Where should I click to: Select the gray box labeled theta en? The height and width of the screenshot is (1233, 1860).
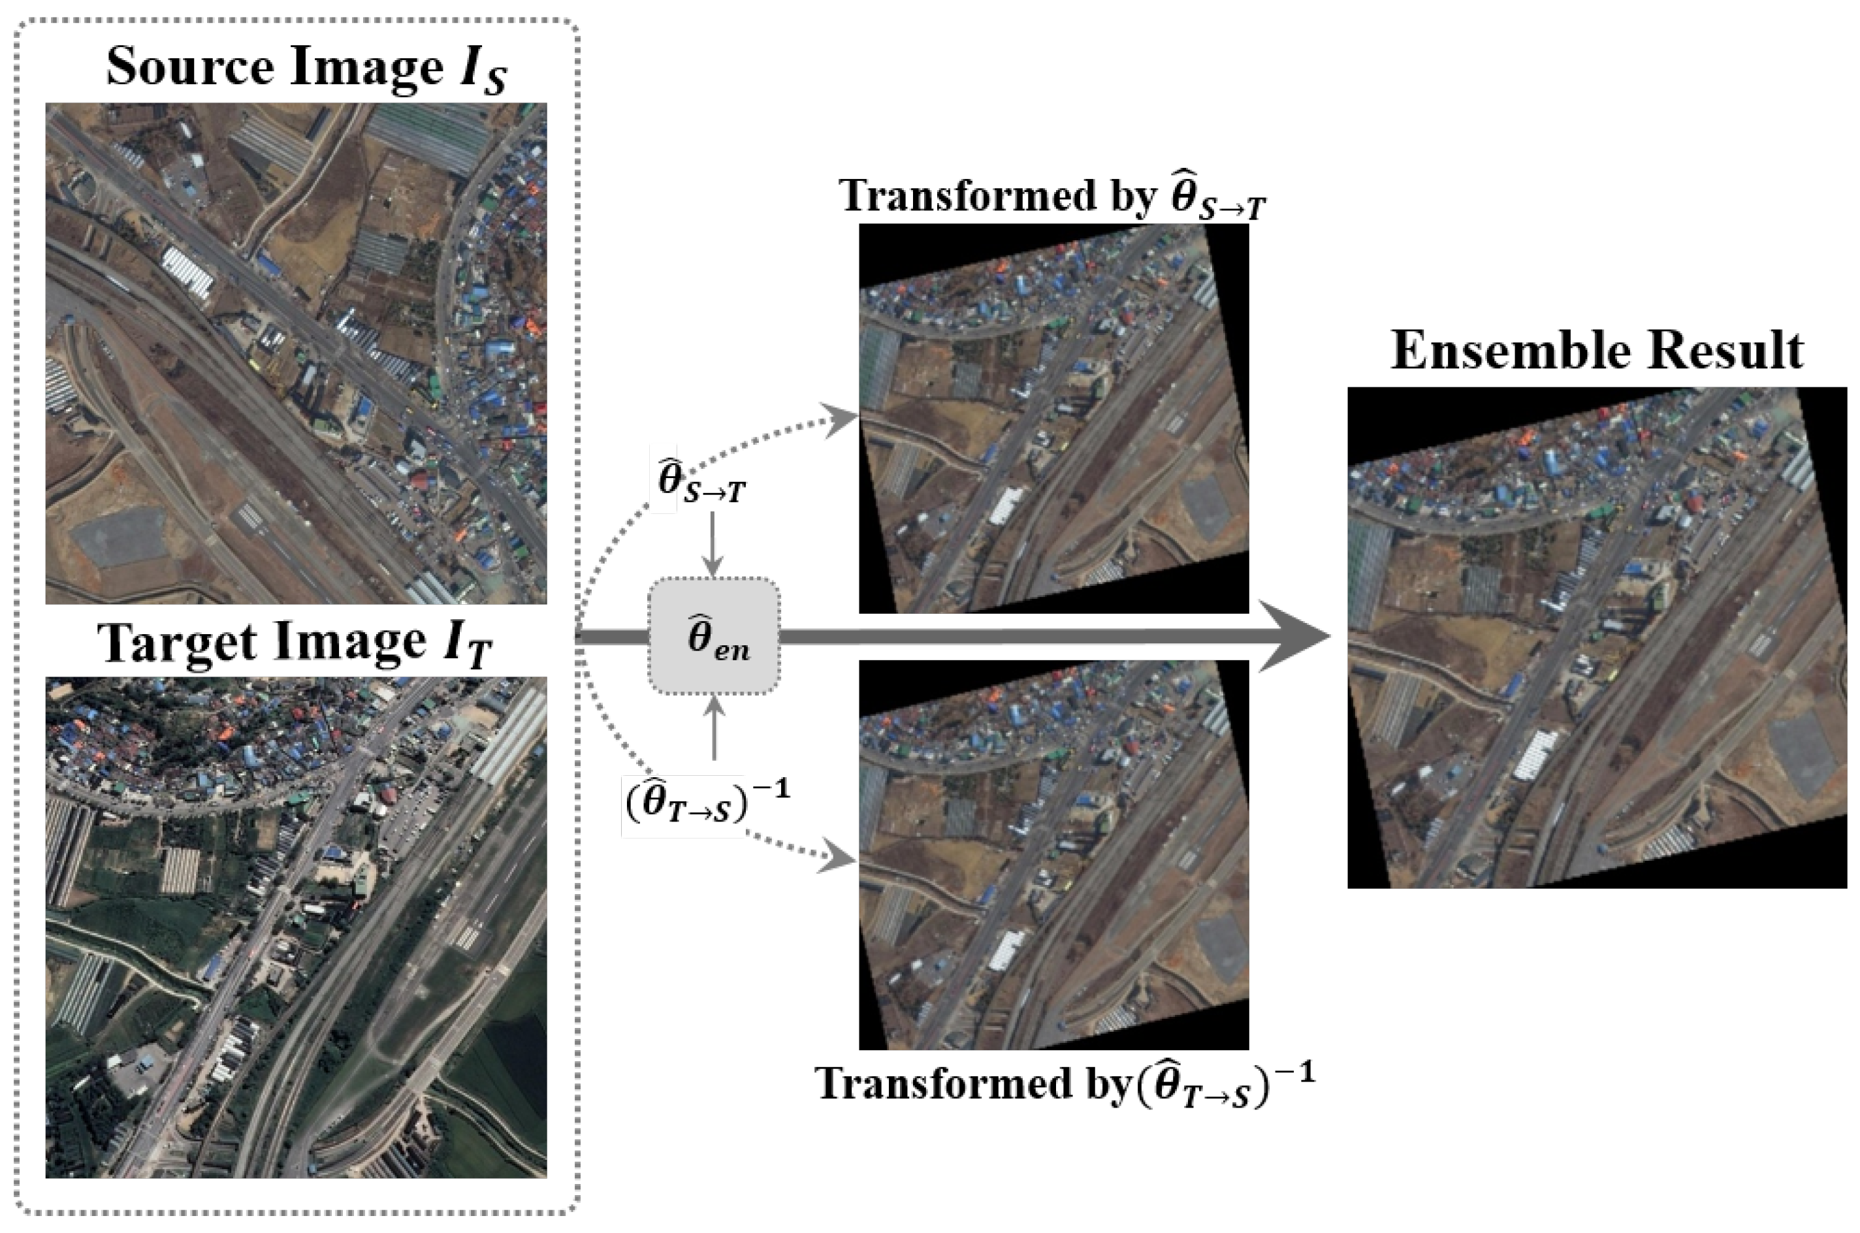click(714, 637)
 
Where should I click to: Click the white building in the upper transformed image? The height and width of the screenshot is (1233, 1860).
click(1006, 505)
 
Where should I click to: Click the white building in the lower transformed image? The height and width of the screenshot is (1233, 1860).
click(1006, 950)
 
